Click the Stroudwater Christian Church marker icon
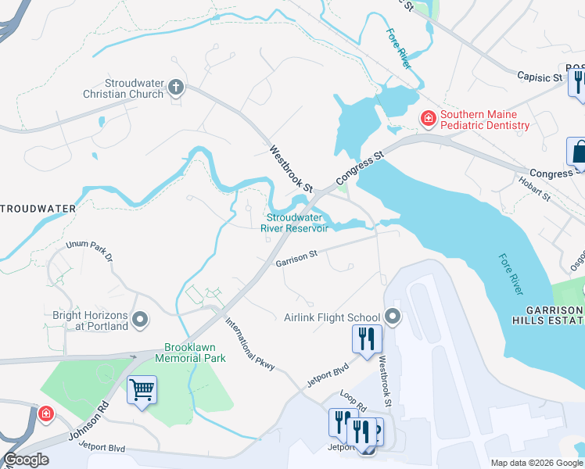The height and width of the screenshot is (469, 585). (x=176, y=88)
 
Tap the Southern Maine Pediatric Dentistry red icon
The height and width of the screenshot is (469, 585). (x=428, y=119)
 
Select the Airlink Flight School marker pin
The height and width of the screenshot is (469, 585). (x=393, y=317)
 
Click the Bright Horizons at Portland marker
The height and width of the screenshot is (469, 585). (x=141, y=319)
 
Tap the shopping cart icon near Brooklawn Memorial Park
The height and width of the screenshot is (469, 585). (x=142, y=388)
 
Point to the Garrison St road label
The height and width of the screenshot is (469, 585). (x=296, y=257)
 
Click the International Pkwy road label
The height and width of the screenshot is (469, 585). (x=250, y=343)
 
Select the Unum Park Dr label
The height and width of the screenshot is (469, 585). (x=89, y=251)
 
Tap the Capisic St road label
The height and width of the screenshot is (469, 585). (x=540, y=77)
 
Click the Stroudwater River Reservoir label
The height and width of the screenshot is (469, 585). (x=297, y=223)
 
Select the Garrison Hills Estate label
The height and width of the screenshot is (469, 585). (x=547, y=315)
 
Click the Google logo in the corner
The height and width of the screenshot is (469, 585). (x=26, y=460)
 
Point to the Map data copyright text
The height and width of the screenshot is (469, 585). (x=535, y=463)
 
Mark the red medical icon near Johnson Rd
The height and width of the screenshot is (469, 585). (x=45, y=413)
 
